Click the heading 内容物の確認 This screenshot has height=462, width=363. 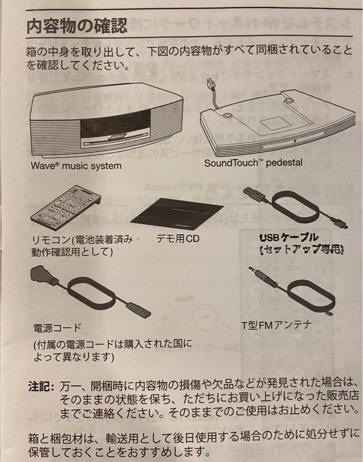(77, 27)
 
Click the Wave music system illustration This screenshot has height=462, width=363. (106, 121)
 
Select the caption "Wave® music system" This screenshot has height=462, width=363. (76, 166)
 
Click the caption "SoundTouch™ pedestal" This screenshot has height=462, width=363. (253, 163)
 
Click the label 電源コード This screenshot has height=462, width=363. (57, 328)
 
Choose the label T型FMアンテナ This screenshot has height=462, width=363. (276, 326)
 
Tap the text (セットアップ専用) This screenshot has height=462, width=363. (302, 249)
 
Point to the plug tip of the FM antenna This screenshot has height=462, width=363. (253, 271)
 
